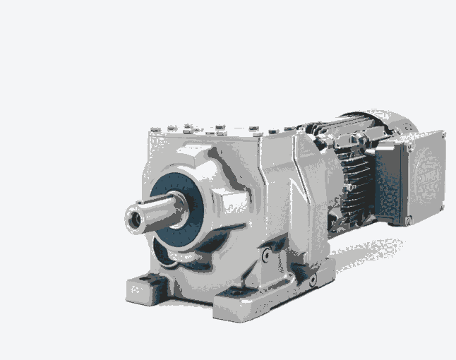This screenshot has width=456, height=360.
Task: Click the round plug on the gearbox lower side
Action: coord(266,256)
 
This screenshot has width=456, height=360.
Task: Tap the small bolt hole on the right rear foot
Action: coord(311,280)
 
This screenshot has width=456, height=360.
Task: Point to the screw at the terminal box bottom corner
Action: coord(409,221)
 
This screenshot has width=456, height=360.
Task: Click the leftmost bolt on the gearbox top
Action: coord(154,128)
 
